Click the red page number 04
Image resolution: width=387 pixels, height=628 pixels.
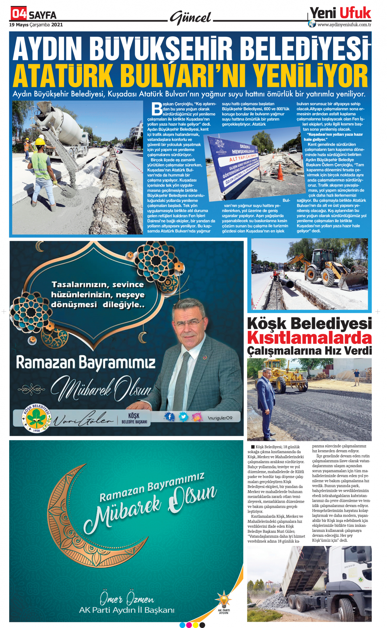(x=19, y=14)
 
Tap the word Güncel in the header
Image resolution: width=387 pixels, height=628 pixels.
(x=191, y=18)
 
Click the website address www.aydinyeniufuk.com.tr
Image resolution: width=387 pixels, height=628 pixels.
(x=344, y=24)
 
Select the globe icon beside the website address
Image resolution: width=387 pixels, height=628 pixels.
(x=312, y=24)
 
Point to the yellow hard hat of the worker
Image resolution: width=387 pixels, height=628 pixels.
(x=40, y=141)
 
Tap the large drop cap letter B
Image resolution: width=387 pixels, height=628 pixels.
(x=157, y=109)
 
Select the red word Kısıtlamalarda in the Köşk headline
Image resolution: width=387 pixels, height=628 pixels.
(x=309, y=338)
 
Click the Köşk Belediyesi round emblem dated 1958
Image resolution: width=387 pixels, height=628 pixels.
(x=36, y=418)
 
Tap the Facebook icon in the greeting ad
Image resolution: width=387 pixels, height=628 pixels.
(x=170, y=417)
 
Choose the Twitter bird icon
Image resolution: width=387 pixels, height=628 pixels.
(x=183, y=417)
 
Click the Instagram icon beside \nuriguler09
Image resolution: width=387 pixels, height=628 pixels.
(x=197, y=417)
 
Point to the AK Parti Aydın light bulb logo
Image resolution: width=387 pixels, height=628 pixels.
(x=223, y=602)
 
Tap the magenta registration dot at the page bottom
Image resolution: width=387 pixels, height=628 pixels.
(x=189, y=625)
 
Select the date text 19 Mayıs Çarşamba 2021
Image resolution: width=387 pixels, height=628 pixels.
(x=36, y=25)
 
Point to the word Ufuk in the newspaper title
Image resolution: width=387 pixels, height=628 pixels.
(x=355, y=13)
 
